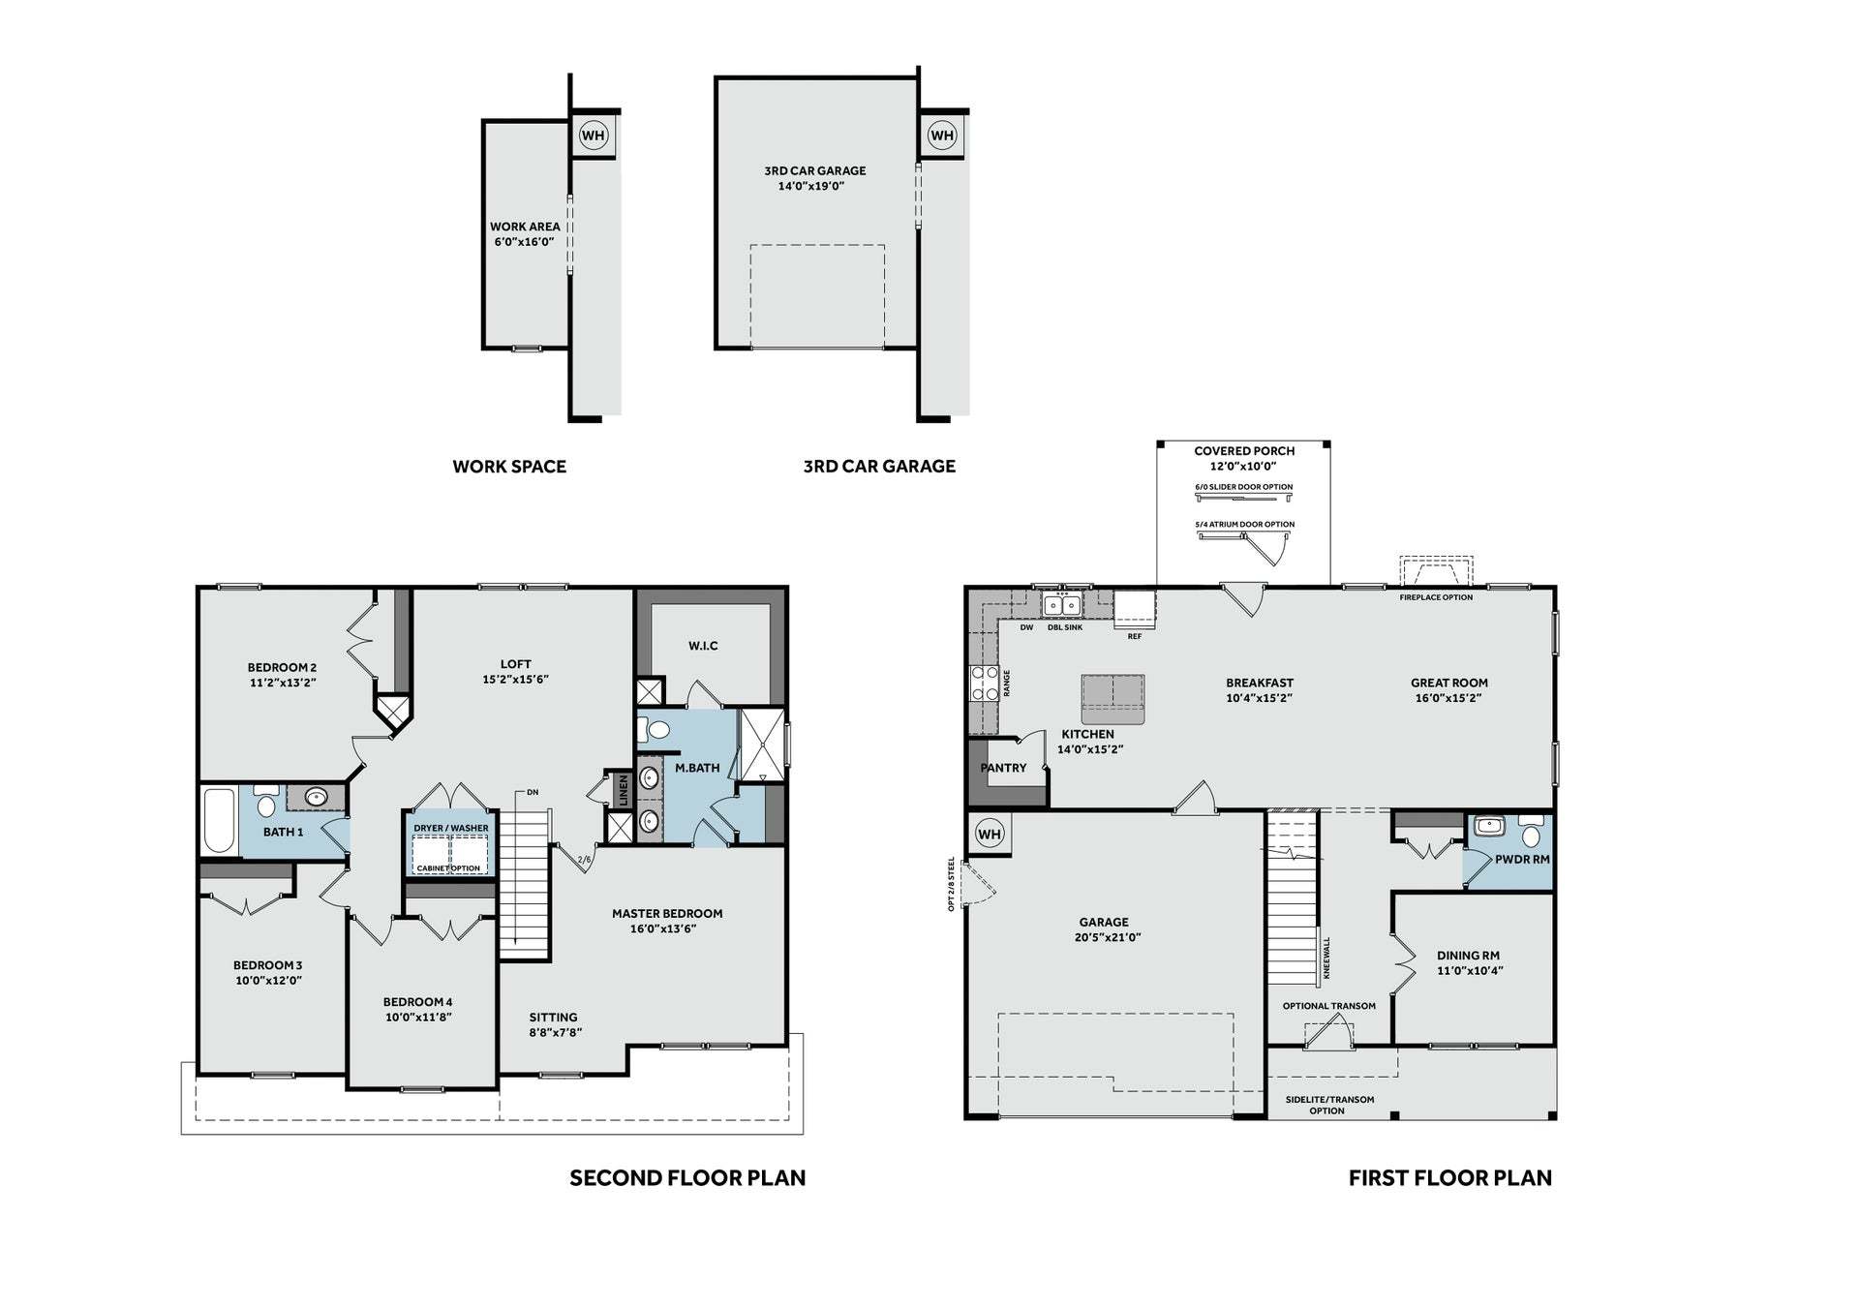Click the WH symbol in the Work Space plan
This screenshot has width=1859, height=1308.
[x=593, y=136]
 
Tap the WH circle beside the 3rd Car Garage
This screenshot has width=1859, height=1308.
[x=942, y=136]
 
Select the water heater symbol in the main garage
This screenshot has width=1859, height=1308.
[x=989, y=834]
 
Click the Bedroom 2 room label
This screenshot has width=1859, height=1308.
[x=282, y=675]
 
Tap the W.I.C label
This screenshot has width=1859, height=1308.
[x=704, y=646]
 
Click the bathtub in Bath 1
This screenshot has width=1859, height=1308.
[x=220, y=821]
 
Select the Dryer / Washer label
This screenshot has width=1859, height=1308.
[x=451, y=828]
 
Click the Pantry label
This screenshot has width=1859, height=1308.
[x=1003, y=768]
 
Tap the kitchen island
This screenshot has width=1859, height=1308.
[x=1112, y=699]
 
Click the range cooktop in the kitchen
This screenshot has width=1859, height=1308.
[x=984, y=683]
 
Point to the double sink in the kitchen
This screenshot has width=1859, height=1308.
[x=1062, y=605]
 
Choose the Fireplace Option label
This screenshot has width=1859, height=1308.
[x=1436, y=597]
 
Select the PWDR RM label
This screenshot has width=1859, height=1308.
[x=1522, y=860]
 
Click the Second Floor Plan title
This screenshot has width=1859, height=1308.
[x=687, y=1178]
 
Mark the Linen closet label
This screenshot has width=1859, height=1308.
[x=624, y=790]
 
